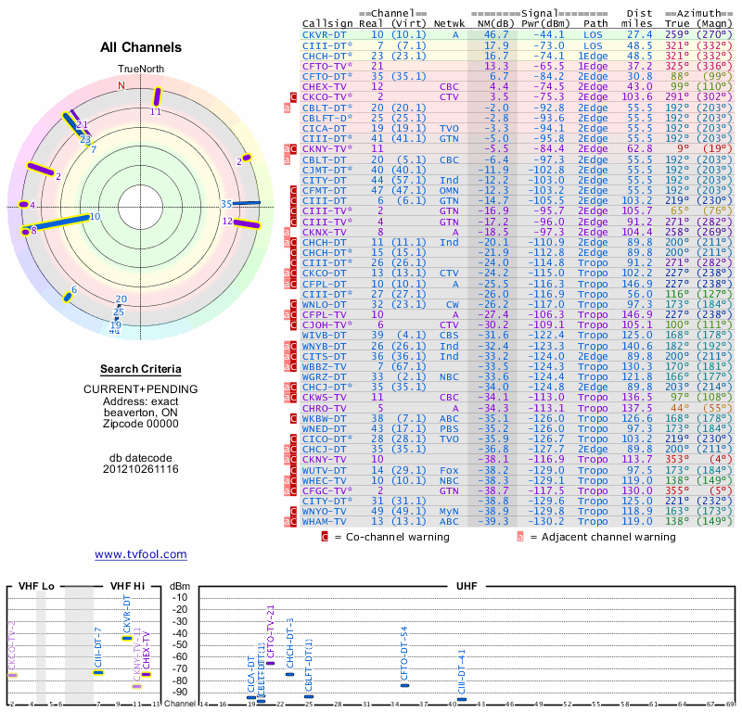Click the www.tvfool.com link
point(141,554)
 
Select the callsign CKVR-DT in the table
point(325,33)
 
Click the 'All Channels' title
point(141,47)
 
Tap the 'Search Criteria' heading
point(141,368)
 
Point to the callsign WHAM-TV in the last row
point(325,547)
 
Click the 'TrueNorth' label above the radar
point(140,70)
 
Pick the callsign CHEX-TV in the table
point(325,86)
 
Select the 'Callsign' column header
point(328,23)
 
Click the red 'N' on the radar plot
point(121,85)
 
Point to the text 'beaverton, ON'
point(141,412)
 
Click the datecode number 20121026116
point(141,469)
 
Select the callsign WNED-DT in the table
point(325,428)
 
